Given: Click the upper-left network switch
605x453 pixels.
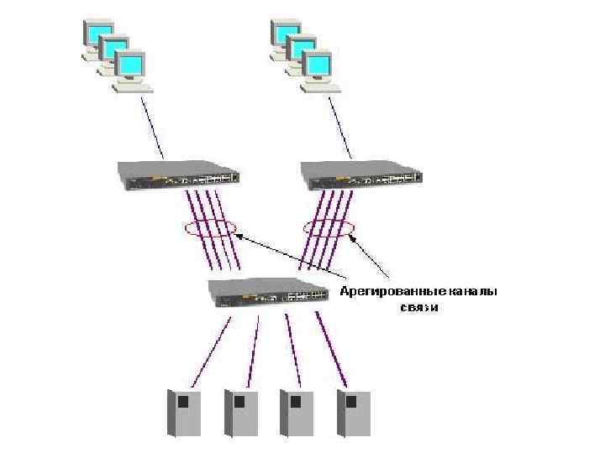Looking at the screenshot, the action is click(x=178, y=174).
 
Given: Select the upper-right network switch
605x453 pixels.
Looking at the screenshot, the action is click(x=362, y=174).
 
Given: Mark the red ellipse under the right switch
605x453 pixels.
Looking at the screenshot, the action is click(x=329, y=227).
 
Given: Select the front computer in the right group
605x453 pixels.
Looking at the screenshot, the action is click(x=318, y=70).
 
